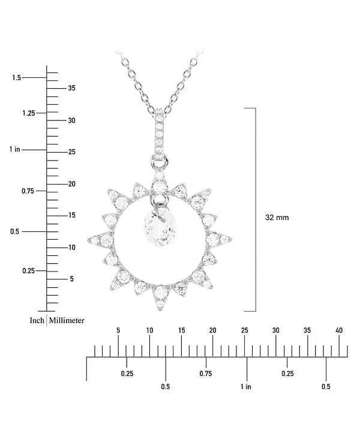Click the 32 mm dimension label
pos(277,218)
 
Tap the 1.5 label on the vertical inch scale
pos(16,77)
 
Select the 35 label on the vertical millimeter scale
pos(71,88)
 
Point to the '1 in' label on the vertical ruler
pos(14,149)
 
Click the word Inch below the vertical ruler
pos(37,321)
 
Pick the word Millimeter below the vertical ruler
pos(67,321)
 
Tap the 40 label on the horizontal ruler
pos(339,330)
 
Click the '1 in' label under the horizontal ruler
pos(246,387)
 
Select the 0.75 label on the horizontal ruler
pos(206,373)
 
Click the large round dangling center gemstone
pos(160,229)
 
